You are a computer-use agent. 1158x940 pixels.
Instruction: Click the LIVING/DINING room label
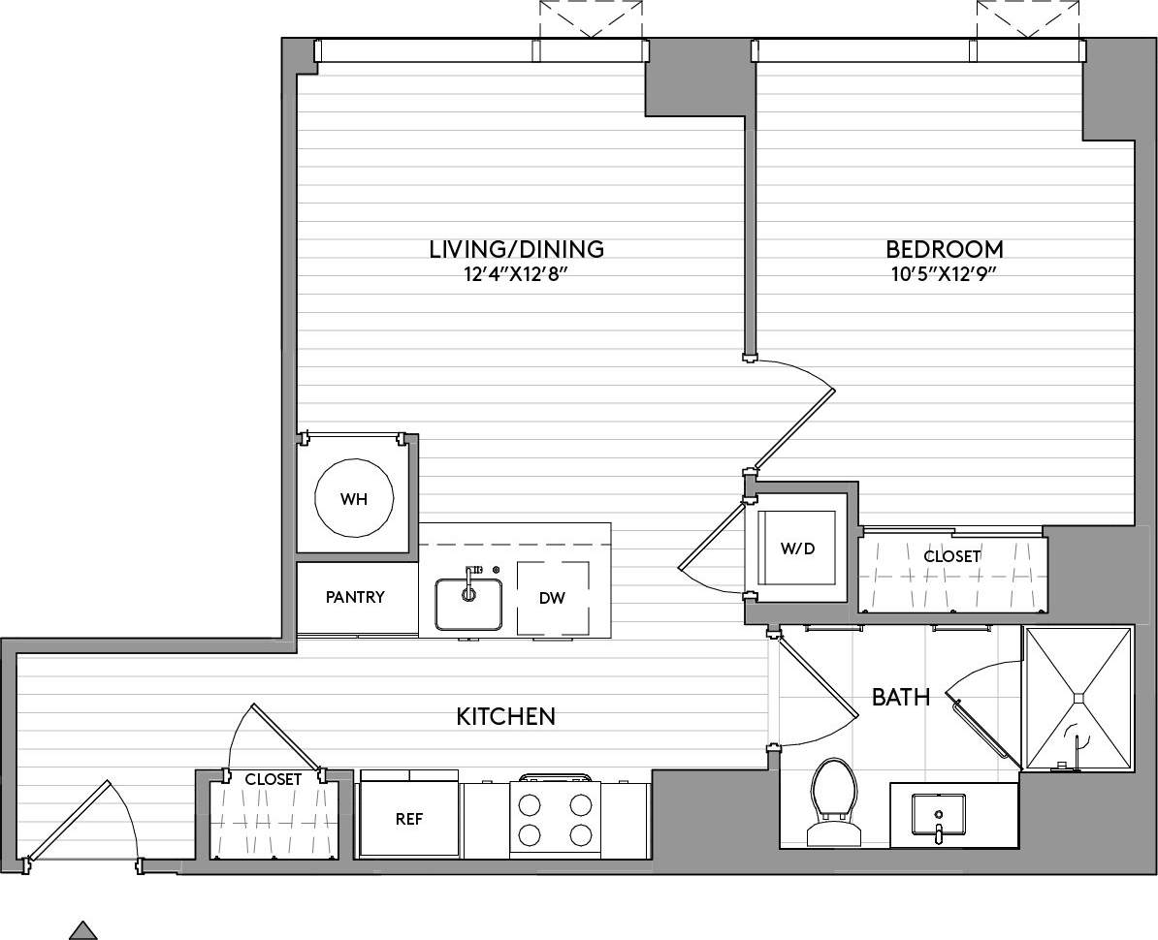pyautogui.click(x=516, y=249)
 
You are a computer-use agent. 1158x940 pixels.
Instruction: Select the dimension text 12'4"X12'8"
pyautogui.click(x=516, y=274)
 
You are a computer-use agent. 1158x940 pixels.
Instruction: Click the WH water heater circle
pyautogui.click(x=355, y=500)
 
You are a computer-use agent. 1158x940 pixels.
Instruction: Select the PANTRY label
pyautogui.click(x=355, y=597)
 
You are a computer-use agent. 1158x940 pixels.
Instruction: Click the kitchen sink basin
pyautogui.click(x=468, y=604)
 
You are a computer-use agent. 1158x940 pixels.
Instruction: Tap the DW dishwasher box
pyautogui.click(x=552, y=598)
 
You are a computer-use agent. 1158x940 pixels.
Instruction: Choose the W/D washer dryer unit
pyautogui.click(x=798, y=548)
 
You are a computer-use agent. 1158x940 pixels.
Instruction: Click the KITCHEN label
pyautogui.click(x=505, y=716)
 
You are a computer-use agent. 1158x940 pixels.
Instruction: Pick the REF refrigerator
pyautogui.click(x=408, y=819)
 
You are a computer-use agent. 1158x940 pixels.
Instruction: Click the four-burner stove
pyautogui.click(x=555, y=819)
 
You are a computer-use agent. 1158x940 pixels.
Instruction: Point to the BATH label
pyautogui.click(x=901, y=697)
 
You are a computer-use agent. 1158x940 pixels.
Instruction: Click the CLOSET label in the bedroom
pyautogui.click(x=951, y=556)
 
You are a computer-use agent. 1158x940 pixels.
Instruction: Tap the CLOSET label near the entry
pyautogui.click(x=273, y=778)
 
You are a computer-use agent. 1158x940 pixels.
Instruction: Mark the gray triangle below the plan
pyautogui.click(x=83, y=930)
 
